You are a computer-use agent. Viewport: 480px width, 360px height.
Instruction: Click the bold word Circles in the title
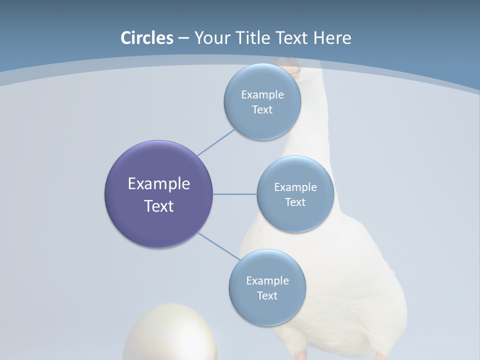[x=147, y=38]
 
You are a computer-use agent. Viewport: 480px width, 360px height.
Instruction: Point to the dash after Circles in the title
[x=183, y=38]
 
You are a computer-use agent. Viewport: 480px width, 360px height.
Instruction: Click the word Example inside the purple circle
[x=159, y=184]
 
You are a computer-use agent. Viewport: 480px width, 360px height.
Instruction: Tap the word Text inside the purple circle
[x=159, y=206]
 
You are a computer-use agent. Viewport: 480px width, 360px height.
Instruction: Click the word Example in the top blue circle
[x=262, y=95]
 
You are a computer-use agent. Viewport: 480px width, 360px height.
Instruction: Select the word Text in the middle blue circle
[x=295, y=202]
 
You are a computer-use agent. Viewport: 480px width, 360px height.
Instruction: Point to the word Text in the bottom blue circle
[x=267, y=296]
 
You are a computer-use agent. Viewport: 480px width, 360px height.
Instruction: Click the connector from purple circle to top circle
[x=215, y=142]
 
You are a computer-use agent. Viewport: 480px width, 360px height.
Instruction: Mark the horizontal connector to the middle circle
[x=234, y=194]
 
